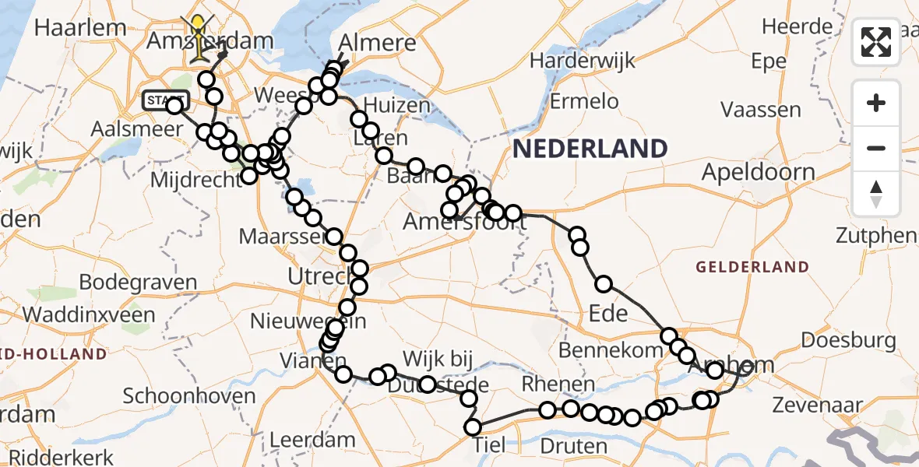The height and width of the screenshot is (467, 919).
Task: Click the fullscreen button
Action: click(x=876, y=42)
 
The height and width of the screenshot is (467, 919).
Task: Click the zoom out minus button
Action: click(x=876, y=148)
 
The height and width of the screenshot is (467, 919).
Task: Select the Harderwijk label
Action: click(x=582, y=60)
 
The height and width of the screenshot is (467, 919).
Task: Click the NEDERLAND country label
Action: click(x=590, y=148)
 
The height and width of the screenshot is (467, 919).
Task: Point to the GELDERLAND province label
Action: click(x=752, y=267)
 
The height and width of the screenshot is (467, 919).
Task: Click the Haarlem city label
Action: click(x=80, y=28)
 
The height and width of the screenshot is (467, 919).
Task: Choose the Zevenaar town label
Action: click(x=818, y=405)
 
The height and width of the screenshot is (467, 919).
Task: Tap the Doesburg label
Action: click(x=848, y=340)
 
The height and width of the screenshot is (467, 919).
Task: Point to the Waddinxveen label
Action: click(x=89, y=314)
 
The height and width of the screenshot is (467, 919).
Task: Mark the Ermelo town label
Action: click(x=584, y=101)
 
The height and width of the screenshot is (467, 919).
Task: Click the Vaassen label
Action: click(x=761, y=109)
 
